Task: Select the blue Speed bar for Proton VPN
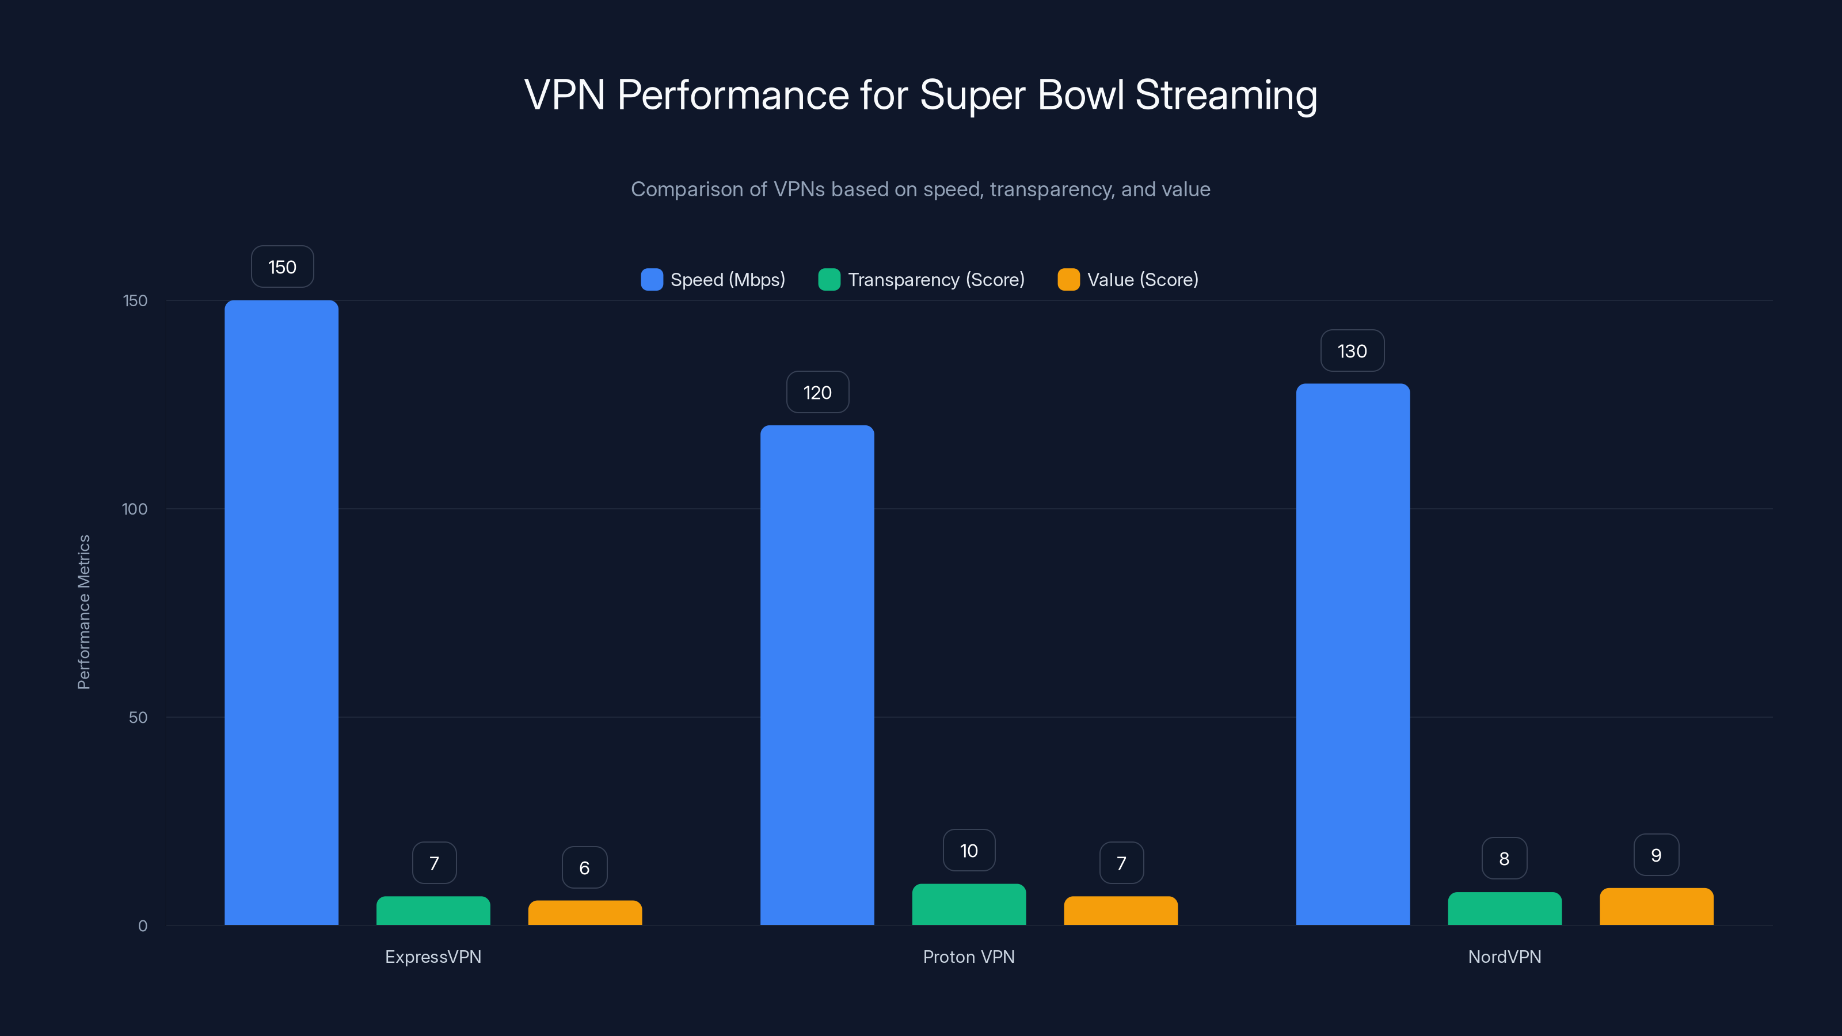tap(817, 675)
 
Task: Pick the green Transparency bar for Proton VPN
tap(968, 904)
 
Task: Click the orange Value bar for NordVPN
tap(1656, 907)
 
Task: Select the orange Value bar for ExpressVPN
tap(584, 913)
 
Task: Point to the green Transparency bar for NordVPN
tap(1505, 909)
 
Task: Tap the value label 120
tap(817, 393)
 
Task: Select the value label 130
tap(1352, 351)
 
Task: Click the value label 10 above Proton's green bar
tap(968, 851)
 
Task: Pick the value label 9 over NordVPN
tap(1656, 855)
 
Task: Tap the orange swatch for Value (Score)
tap(1068, 280)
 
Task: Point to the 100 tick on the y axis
tap(135, 509)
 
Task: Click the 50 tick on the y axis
tap(138, 717)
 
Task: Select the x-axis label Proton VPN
tap(968, 957)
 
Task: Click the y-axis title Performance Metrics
tap(83, 612)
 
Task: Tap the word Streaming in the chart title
tap(1226, 95)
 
